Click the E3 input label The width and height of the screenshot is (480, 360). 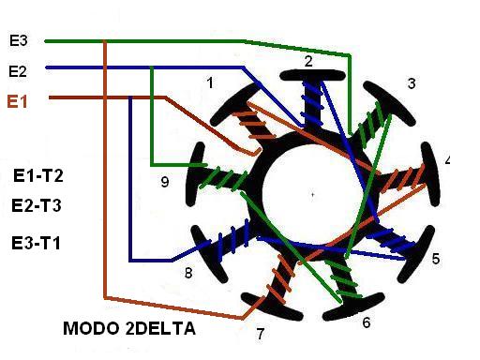(19, 41)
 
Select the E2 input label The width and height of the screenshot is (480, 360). (18, 71)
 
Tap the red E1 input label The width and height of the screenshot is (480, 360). (18, 101)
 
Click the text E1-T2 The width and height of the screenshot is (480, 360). (38, 175)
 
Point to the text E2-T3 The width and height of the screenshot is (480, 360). (37, 206)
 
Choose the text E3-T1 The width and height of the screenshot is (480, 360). (36, 243)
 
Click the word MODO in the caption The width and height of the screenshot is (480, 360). (91, 328)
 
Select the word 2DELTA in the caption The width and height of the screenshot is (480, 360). (161, 328)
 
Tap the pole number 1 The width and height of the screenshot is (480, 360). (210, 83)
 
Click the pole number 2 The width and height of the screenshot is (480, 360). (308, 61)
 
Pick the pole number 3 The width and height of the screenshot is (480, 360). (412, 83)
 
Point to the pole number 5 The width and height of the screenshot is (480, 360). (436, 259)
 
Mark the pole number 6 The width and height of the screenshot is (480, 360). (367, 322)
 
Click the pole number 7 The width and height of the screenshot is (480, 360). (261, 334)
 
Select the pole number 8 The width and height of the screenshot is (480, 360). (188, 273)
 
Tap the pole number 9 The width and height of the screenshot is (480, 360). (165, 182)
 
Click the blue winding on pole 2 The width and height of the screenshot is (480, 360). (312, 102)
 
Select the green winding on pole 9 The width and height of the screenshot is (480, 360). (222, 177)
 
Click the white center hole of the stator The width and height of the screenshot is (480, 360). (312, 194)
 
